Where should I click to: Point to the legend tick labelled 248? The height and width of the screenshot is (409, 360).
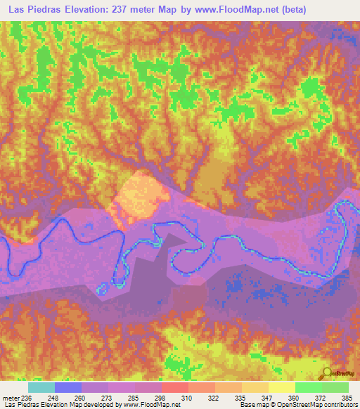[54, 398]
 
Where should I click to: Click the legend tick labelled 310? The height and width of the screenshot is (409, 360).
[188, 398]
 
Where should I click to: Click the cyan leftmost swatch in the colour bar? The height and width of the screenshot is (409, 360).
[41, 387]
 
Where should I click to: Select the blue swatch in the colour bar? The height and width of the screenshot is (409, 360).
[67, 387]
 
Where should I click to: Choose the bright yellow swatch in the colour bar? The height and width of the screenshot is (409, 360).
[281, 387]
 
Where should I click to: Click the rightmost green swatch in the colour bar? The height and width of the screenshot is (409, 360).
[335, 387]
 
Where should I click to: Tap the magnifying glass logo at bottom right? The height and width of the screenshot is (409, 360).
[328, 373]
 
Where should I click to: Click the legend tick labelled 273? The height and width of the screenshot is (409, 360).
[108, 398]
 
